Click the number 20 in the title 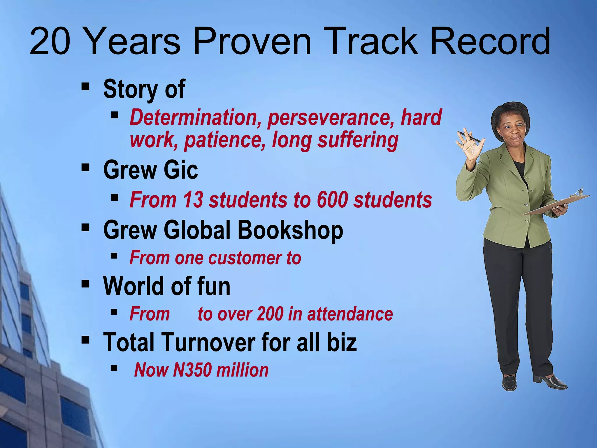point(50,41)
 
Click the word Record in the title point(490,41)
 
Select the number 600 point(332,200)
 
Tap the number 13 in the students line point(193,200)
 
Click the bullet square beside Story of point(85,87)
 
